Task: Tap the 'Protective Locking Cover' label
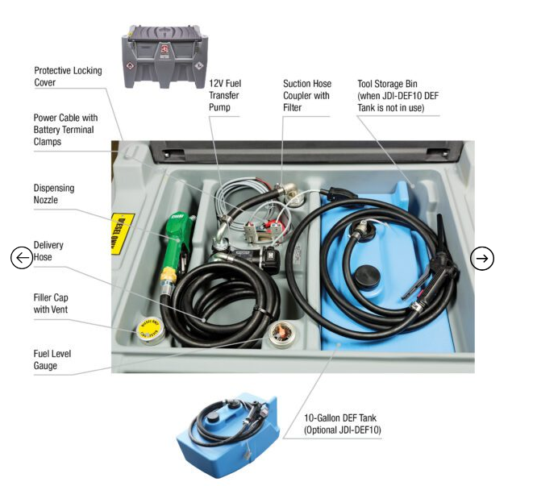69,77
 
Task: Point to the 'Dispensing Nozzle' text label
54,193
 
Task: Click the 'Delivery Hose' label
48,251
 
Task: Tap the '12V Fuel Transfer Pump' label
226,94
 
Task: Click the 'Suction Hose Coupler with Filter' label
306,94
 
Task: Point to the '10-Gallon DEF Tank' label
343,424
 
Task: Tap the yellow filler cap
148,328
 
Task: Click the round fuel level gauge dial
281,333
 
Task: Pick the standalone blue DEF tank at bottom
228,435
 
